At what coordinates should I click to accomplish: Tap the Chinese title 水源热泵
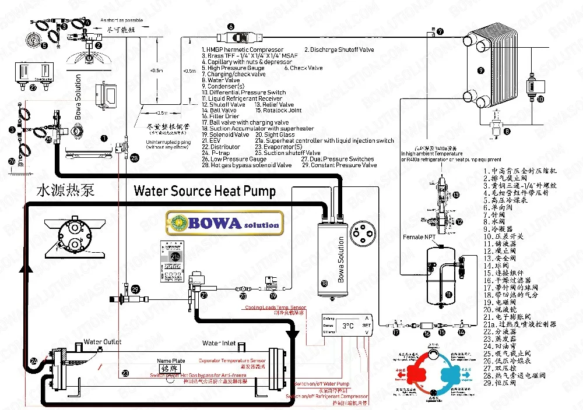[66, 190]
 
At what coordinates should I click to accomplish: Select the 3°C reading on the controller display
[348, 326]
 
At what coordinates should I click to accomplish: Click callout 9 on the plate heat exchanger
[480, 70]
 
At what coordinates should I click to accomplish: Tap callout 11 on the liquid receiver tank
[448, 295]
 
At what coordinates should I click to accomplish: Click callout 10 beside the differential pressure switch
[540, 100]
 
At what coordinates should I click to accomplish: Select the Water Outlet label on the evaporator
[103, 342]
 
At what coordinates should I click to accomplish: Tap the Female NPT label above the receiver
[417, 238]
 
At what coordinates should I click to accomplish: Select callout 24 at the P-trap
[33, 362]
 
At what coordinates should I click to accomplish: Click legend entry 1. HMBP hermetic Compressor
[243, 50]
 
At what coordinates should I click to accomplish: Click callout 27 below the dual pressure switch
[33, 88]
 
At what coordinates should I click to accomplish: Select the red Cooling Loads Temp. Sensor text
[275, 307]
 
